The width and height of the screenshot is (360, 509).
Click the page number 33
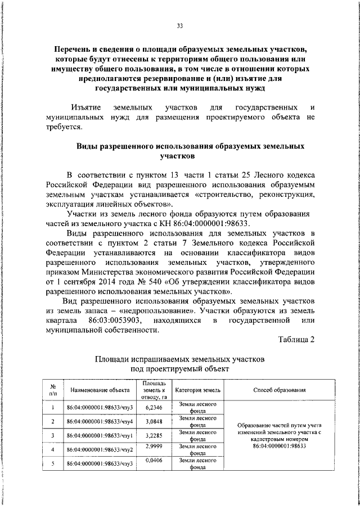coord(180,25)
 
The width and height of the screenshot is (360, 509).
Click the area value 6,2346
coord(154,407)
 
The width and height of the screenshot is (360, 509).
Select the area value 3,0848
coord(154,421)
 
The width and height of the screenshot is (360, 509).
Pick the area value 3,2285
coord(154,435)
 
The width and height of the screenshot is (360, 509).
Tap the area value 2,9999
coord(154,446)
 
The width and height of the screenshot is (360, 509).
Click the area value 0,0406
coord(154,460)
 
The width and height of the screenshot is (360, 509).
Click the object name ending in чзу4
coord(99,422)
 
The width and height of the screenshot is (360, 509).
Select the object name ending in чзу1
coord(99,436)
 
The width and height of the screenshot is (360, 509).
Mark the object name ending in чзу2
coord(99,450)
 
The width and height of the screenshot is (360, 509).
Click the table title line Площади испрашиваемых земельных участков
coord(180,358)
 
